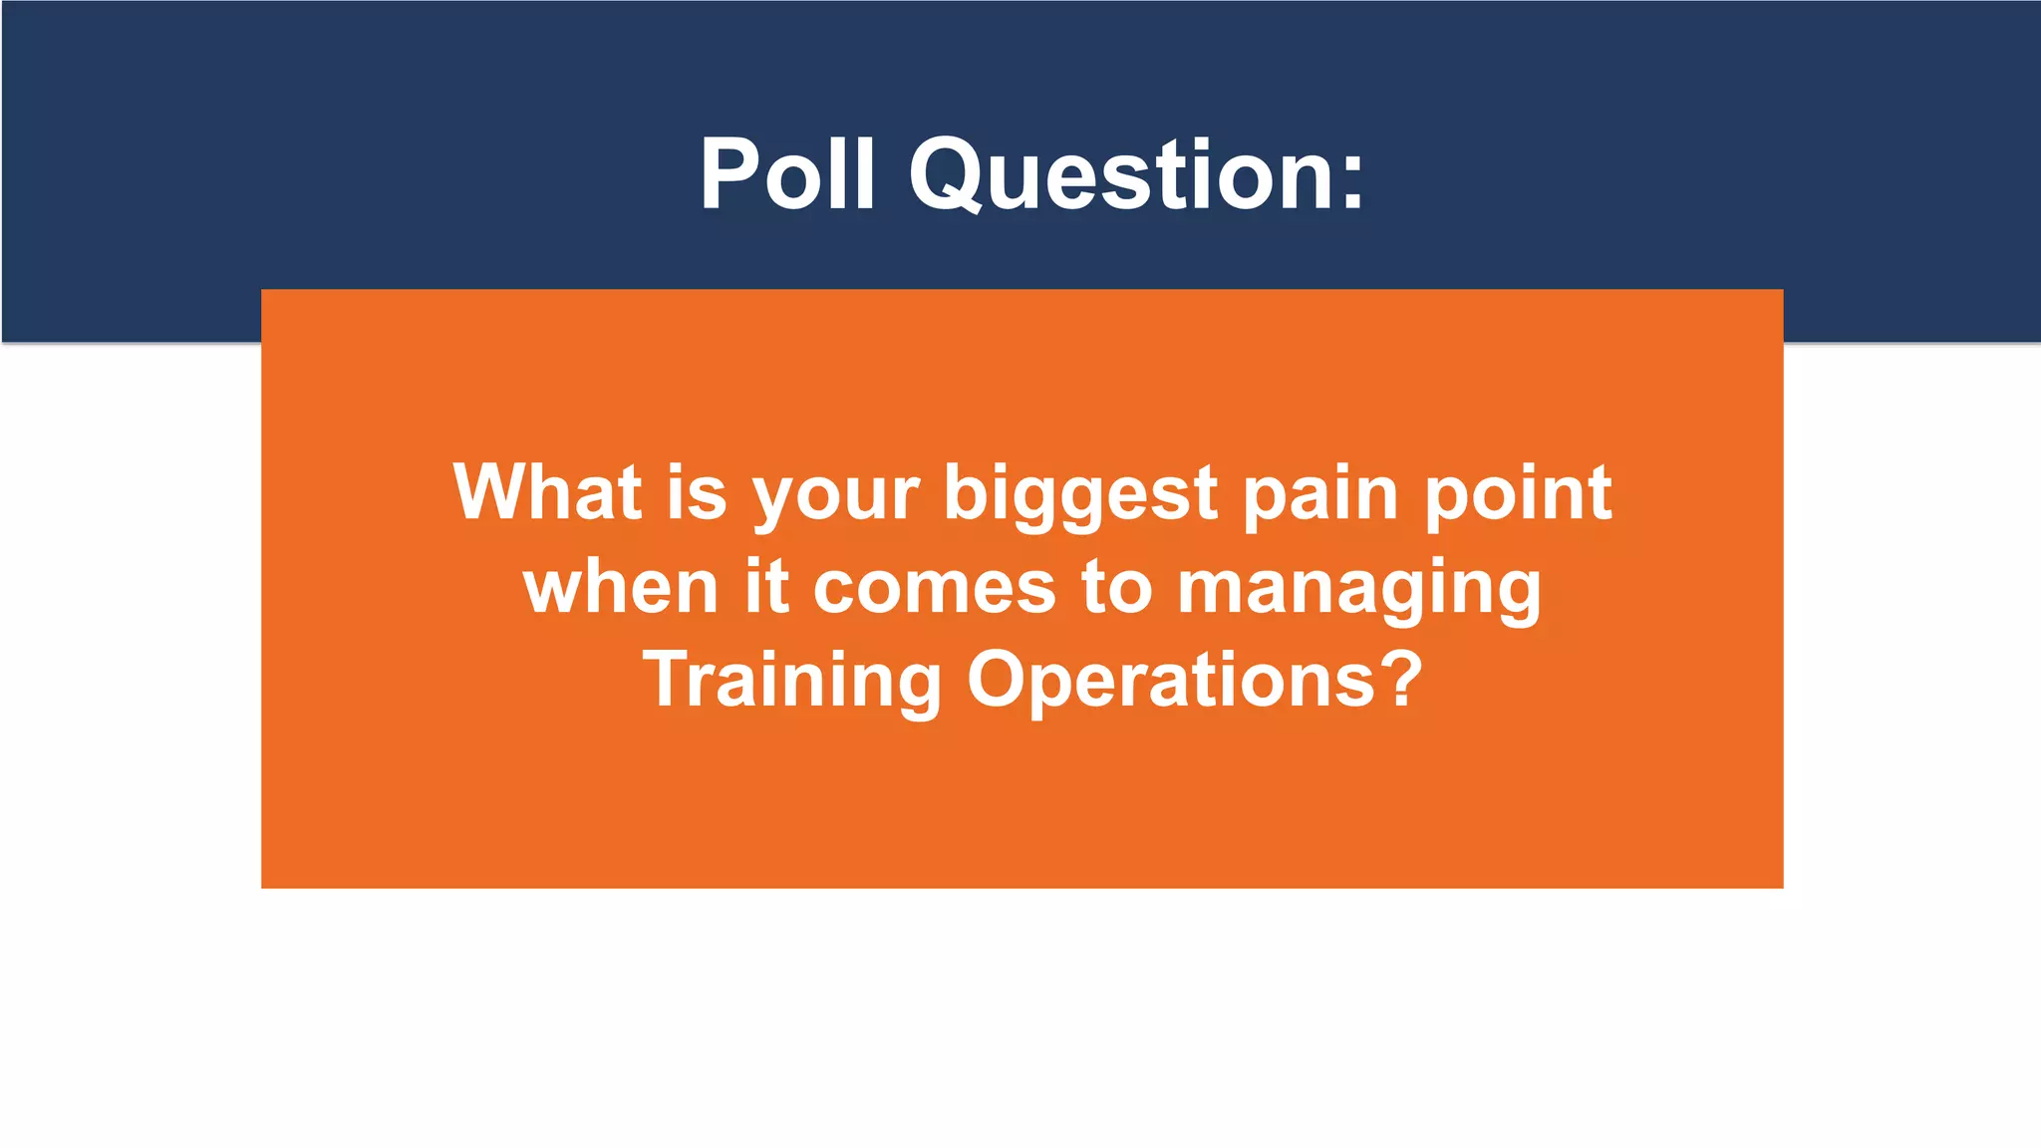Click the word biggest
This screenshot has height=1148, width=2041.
(1080, 496)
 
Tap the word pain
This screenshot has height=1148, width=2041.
(1320, 496)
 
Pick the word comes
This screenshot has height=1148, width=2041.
(934, 588)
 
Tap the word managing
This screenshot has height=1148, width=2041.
(1359, 591)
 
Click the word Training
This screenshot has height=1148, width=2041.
(792, 681)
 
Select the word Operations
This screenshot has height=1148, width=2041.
(1171, 681)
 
